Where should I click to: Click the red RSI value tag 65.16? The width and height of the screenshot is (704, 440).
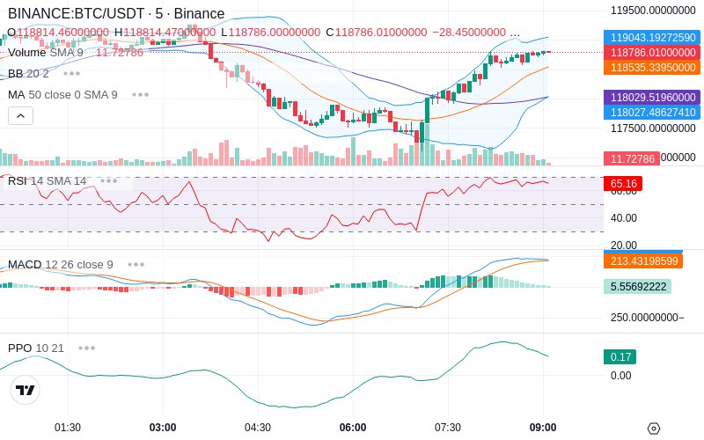tap(622, 184)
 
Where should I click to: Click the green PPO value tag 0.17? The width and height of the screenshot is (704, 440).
tap(620, 357)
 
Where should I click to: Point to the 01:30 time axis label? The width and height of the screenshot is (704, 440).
tap(68, 428)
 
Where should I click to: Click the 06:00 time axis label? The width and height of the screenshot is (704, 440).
tap(353, 428)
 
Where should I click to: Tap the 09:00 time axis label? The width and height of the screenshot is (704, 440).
tap(543, 428)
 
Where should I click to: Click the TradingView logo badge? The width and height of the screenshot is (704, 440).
tap(26, 390)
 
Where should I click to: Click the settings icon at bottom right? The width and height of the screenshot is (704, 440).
tap(653, 429)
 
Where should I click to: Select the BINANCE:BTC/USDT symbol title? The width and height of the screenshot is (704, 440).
tap(77, 14)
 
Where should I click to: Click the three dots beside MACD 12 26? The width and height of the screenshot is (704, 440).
tap(136, 264)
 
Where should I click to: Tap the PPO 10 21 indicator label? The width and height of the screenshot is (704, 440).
tap(36, 348)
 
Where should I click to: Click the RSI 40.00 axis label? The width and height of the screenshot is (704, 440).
tap(624, 217)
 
